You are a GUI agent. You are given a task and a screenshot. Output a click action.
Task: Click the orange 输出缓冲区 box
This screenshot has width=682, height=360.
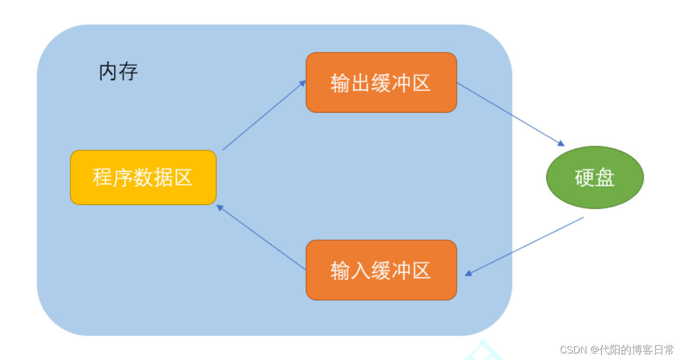click(x=381, y=82)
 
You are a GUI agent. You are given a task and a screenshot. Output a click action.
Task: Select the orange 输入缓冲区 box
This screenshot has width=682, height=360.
click(x=381, y=270)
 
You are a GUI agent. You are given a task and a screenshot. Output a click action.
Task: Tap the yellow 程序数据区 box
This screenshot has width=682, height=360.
click(x=143, y=177)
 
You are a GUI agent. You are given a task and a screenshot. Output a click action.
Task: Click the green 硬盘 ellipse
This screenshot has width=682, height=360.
click(x=595, y=177)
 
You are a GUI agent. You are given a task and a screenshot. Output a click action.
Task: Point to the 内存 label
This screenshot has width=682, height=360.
click(x=118, y=72)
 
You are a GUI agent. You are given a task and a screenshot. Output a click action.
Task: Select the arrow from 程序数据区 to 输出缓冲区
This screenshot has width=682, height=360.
click(x=264, y=115)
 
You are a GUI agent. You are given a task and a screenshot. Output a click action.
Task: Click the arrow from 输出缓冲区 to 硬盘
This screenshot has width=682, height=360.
click(x=510, y=114)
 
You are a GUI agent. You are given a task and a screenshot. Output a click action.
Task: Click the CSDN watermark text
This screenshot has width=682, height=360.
click(x=616, y=350)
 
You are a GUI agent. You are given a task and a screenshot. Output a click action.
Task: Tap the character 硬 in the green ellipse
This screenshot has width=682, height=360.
click(x=584, y=178)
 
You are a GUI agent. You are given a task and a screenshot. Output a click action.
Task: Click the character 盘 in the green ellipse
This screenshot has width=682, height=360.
click(x=605, y=178)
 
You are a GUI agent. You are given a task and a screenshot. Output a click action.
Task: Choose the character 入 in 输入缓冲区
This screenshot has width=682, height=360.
click(x=361, y=271)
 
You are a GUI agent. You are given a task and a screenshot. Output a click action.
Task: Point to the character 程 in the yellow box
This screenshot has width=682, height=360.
click(x=103, y=178)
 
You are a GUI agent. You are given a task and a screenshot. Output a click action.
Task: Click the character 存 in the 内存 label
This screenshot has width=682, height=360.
click(x=129, y=72)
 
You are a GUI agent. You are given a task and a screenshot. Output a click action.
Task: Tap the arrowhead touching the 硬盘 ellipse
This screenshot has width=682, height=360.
click(x=560, y=144)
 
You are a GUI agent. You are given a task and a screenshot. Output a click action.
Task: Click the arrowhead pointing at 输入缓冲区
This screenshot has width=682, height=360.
click(x=468, y=273)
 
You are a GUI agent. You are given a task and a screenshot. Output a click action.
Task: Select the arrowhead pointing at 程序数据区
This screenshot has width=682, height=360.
click(x=220, y=207)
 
